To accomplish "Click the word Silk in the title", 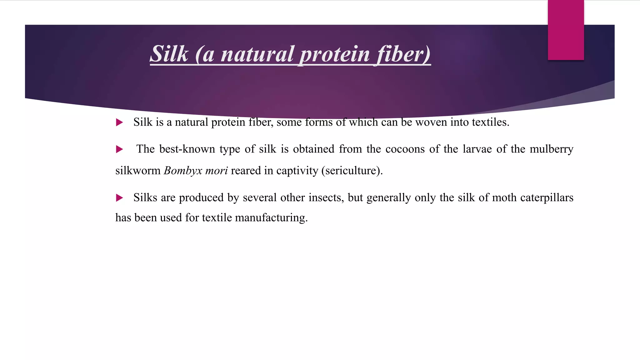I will point(169,54).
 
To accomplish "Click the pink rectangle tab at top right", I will point(566,30).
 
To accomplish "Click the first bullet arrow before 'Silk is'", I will point(119,122).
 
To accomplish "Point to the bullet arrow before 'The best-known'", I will point(119,149).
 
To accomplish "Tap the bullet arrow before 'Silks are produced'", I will point(119,198).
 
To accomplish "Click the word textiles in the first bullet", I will point(490,122).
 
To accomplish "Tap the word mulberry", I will point(552,149).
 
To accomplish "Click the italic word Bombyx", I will point(182,171).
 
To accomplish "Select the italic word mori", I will point(217,171).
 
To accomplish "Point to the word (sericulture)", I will point(352,171).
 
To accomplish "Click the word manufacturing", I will point(271,218).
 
